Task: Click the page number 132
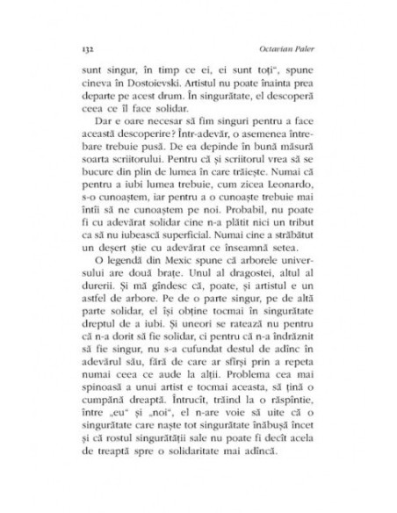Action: point(86,40)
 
